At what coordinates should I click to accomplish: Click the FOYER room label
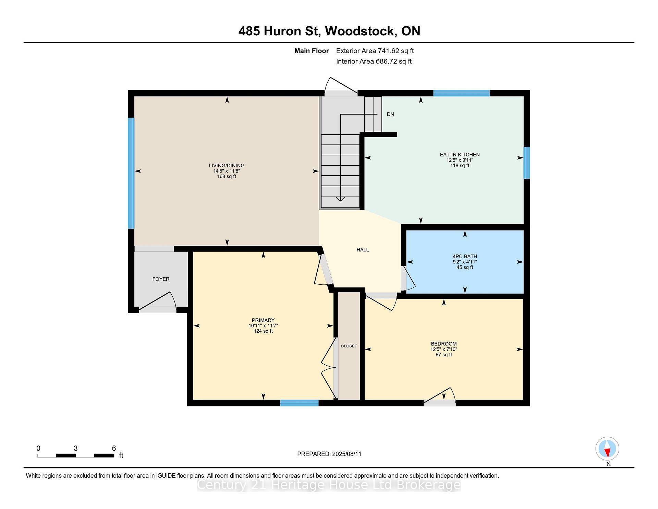[161, 279]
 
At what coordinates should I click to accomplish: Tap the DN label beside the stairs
[390, 114]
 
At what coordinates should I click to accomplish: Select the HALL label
[363, 250]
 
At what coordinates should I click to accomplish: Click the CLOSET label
[349, 346]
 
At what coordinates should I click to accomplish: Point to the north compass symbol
[607, 449]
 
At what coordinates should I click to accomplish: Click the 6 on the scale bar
[114, 448]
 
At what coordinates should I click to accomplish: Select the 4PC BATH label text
[465, 257]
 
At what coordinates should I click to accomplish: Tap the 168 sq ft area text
[227, 177]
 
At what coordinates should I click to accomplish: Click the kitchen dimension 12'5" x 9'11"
[460, 160]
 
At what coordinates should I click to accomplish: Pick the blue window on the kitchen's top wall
[461, 93]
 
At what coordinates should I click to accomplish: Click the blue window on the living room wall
[131, 173]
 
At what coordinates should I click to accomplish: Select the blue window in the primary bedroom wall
[299, 403]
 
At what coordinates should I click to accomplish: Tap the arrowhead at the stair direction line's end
[340, 199]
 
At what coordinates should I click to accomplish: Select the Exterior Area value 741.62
[390, 51]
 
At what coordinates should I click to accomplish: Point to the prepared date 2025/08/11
[346, 454]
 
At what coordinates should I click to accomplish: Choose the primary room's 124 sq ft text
[263, 331]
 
